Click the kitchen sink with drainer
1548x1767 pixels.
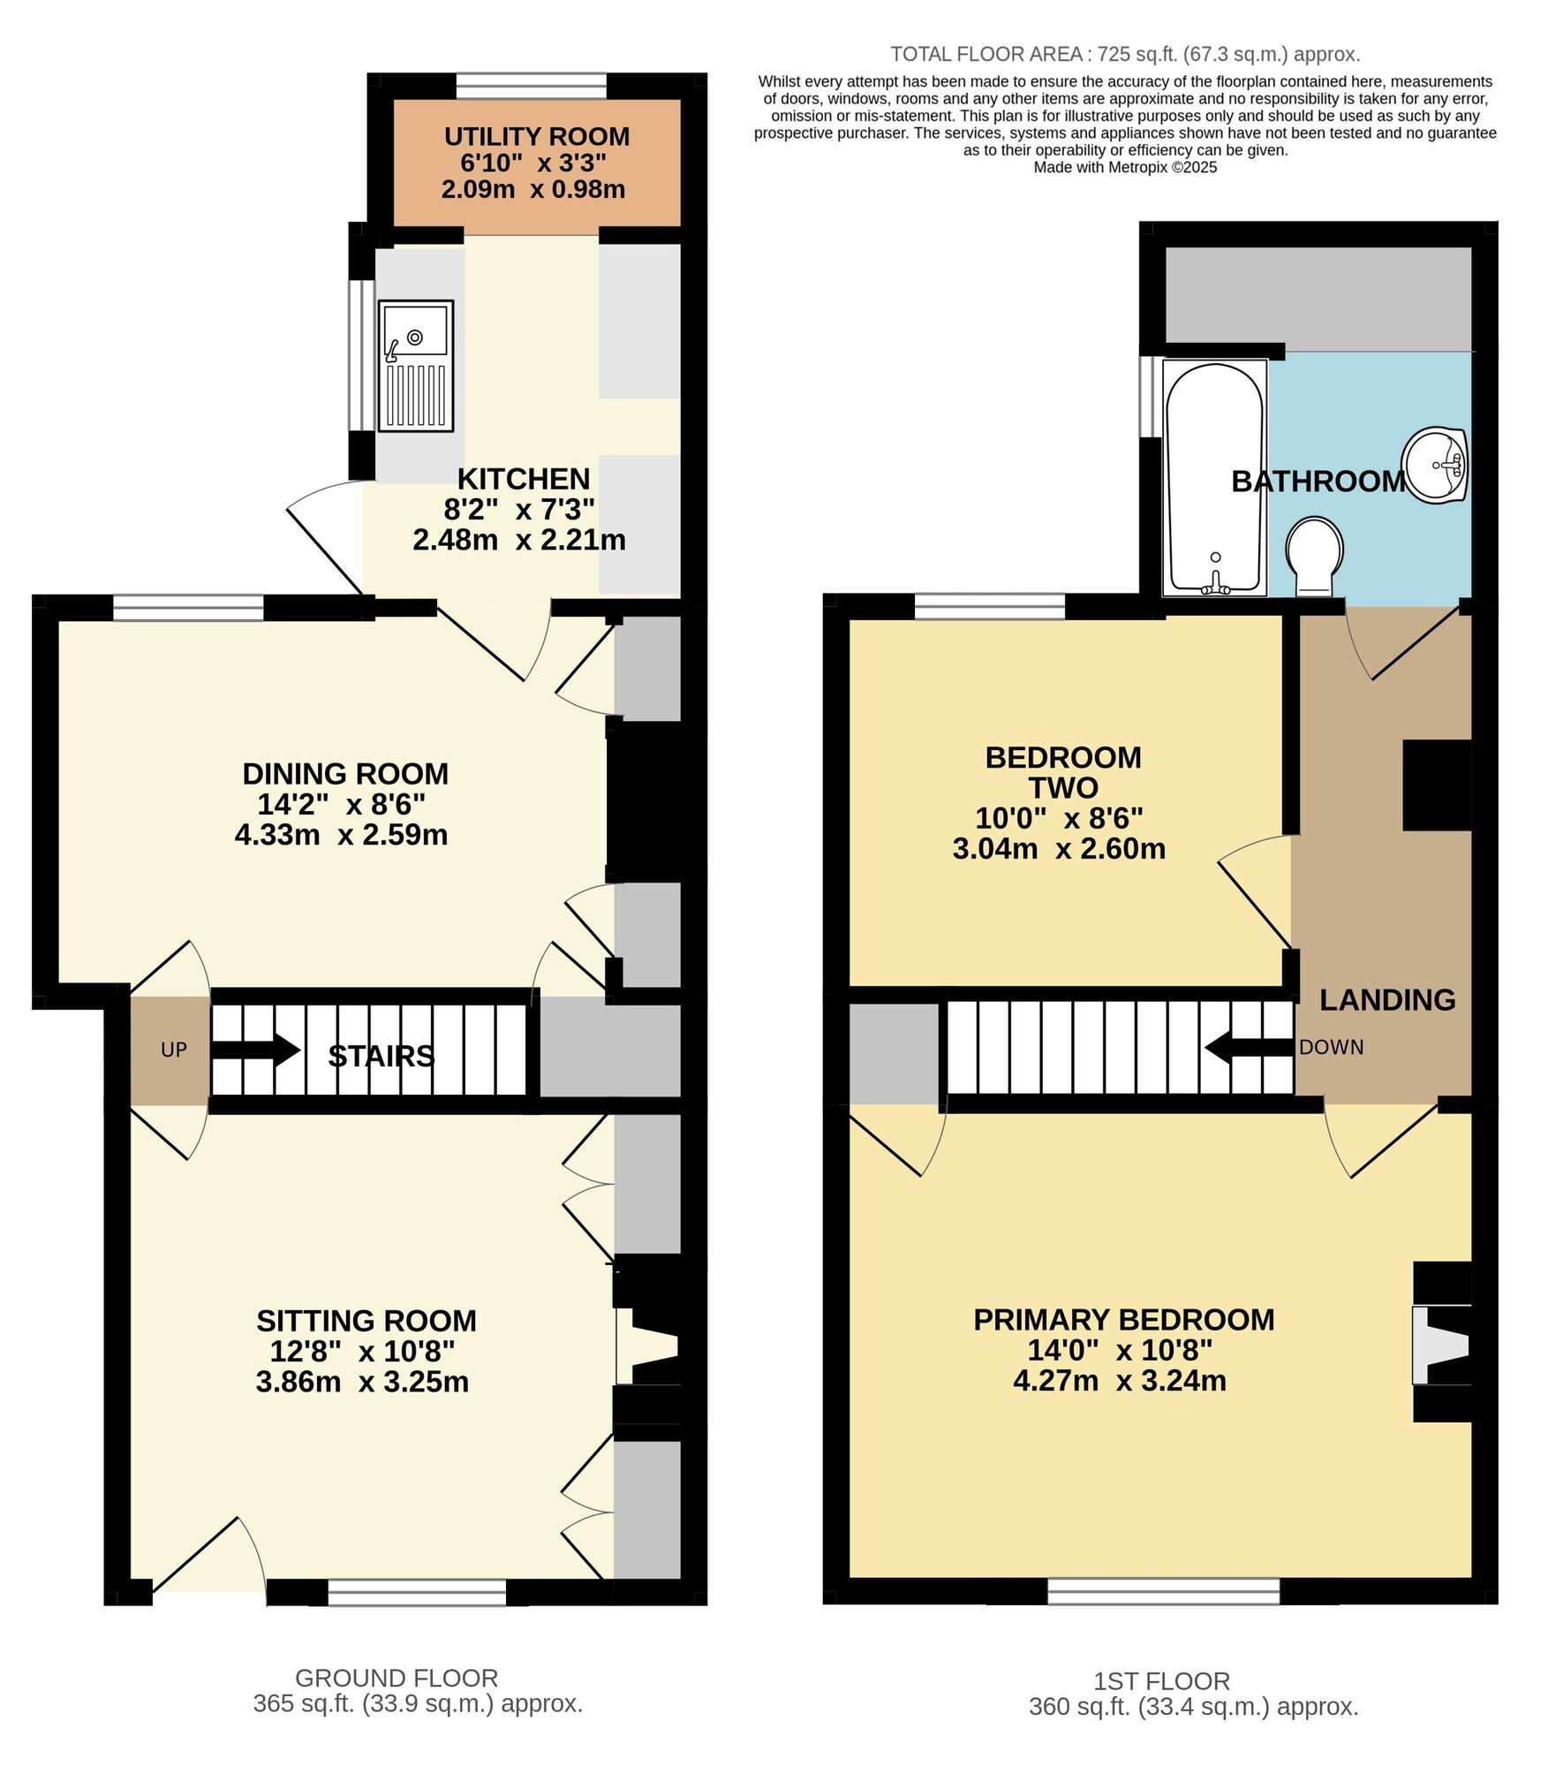click(416, 366)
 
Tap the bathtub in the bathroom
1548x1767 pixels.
click(1214, 477)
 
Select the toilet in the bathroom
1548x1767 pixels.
click(1314, 556)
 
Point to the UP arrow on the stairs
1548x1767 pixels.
click(256, 1050)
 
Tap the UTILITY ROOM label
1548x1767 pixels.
click(536, 137)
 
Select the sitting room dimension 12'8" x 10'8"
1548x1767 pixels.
click(362, 1351)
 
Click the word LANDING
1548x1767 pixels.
click(1386, 1000)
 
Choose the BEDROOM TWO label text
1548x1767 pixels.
click(1062, 772)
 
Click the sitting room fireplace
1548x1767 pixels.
click(649, 1346)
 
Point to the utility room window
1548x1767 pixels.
click(532, 86)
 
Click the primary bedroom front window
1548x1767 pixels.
click(1163, 1591)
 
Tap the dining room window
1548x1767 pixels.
click(188, 608)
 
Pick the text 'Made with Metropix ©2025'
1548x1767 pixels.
click(1125, 168)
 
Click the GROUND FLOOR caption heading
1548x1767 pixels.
click(396, 1679)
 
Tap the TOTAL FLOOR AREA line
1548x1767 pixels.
click(1125, 55)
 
